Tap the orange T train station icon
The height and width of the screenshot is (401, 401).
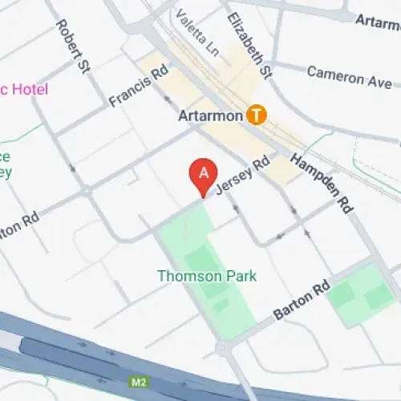[257, 115]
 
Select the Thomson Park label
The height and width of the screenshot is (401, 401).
[207, 276]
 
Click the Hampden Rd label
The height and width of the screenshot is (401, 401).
[322, 184]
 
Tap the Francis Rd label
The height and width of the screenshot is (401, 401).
[138, 86]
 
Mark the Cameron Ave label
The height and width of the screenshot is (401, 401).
[349, 77]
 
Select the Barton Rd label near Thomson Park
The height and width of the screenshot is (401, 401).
[301, 301]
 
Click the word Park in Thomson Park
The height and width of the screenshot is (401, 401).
[241, 276]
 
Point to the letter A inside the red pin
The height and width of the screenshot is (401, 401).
[204, 172]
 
